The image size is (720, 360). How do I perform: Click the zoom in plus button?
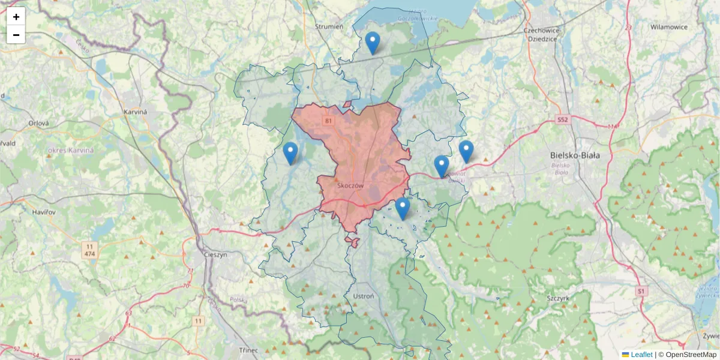[16, 17]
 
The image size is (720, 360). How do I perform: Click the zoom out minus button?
[16, 35]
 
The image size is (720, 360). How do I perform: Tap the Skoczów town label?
[351, 186]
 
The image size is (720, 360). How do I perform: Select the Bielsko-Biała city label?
[575, 155]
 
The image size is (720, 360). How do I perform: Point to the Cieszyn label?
[215, 254]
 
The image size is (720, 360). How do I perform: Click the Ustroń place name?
[364, 296]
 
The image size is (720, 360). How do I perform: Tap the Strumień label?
[329, 26]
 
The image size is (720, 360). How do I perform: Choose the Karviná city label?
[135, 112]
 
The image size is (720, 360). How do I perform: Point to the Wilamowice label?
[668, 27]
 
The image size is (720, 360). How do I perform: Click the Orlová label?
[38, 123]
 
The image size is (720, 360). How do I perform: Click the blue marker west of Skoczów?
[290, 153]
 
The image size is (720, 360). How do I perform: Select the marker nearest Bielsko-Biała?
[466, 151]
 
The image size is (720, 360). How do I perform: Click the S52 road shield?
[562, 120]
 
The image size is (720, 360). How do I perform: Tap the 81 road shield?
[328, 121]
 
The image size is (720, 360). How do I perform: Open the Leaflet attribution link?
[641, 355]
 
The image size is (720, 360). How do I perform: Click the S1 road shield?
[642, 291]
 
